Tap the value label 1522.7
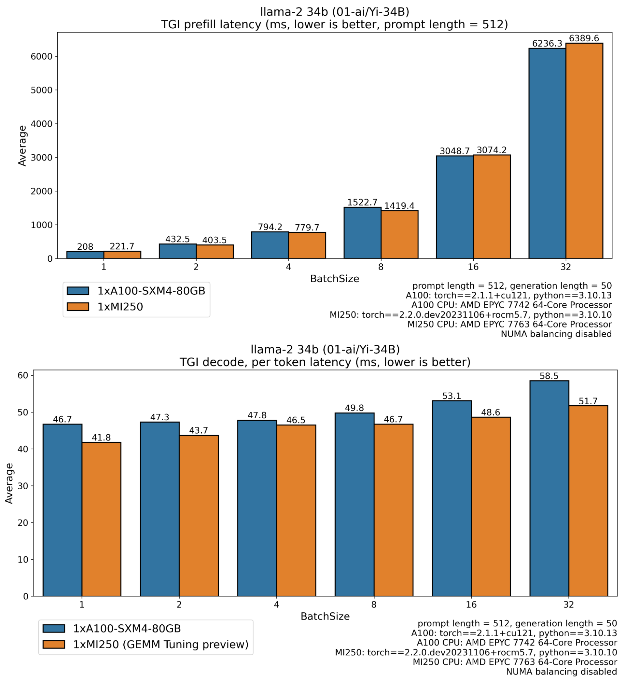[362, 202]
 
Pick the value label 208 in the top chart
[85, 247]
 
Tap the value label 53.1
[452, 396]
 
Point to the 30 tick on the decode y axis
[23, 486]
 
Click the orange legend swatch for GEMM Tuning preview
[53, 644]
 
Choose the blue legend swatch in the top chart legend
[78, 291]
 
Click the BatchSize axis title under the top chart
[334, 279]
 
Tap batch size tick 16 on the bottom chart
[471, 605]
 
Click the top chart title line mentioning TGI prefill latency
[334, 25]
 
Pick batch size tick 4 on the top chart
[288, 267]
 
